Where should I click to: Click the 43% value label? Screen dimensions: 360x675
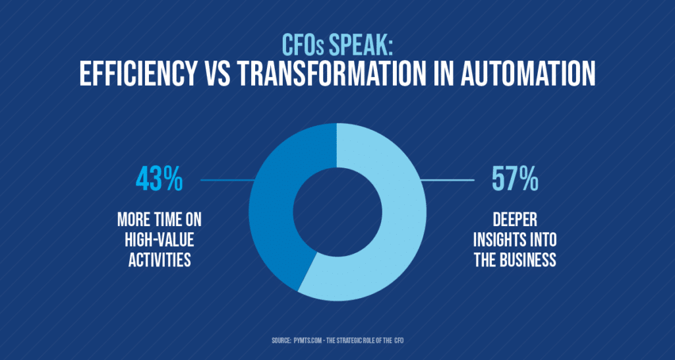(159, 180)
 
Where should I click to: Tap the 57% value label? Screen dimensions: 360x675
(515, 180)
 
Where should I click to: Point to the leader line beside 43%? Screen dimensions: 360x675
(227, 179)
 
